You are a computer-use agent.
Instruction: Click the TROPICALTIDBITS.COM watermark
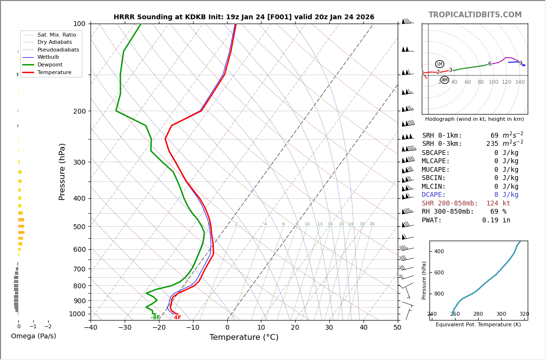[x=475, y=15]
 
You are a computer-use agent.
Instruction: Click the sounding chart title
[x=244, y=17]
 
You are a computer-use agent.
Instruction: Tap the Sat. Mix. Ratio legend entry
[x=56, y=35]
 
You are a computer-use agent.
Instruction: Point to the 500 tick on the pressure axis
[x=79, y=227]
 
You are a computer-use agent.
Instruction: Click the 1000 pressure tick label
[x=77, y=314]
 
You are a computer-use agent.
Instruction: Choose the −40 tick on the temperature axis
[x=91, y=328]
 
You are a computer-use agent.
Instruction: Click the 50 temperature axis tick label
[x=397, y=328]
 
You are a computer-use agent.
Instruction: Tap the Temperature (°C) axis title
[x=244, y=337]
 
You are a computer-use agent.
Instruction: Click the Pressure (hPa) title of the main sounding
[x=63, y=171]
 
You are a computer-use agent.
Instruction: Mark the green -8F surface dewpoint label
[x=155, y=318]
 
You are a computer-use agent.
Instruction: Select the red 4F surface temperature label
[x=178, y=318]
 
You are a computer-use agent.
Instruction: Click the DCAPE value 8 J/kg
[x=506, y=195]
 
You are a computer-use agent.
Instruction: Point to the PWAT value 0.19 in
[x=496, y=220]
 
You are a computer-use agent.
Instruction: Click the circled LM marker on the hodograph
[x=440, y=64]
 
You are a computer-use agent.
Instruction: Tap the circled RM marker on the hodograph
[x=444, y=80]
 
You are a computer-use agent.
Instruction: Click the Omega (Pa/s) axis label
[x=34, y=336]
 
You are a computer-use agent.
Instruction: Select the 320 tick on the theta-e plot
[x=524, y=314]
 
